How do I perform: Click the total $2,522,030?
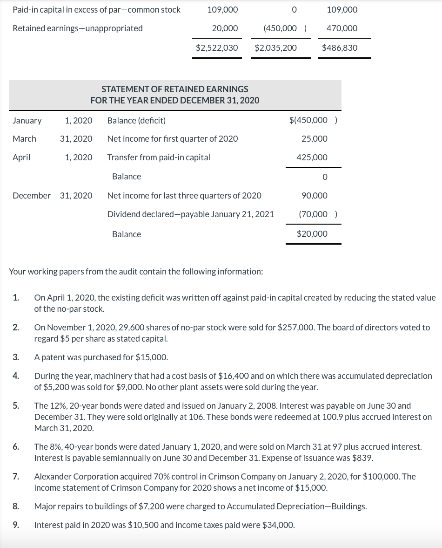[x=216, y=48]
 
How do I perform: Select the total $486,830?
[x=340, y=48]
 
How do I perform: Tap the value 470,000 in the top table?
[x=342, y=28]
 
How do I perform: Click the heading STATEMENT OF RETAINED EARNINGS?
[x=175, y=89]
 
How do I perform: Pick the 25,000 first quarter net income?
[x=314, y=139]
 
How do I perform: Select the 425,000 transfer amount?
[x=312, y=158]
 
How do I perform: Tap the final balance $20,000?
[x=312, y=234]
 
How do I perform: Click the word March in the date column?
[x=24, y=139]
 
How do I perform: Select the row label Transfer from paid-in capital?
[x=159, y=158]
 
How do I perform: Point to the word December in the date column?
[x=31, y=196]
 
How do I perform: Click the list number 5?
[x=16, y=406]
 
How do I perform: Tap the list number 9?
[x=16, y=525]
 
